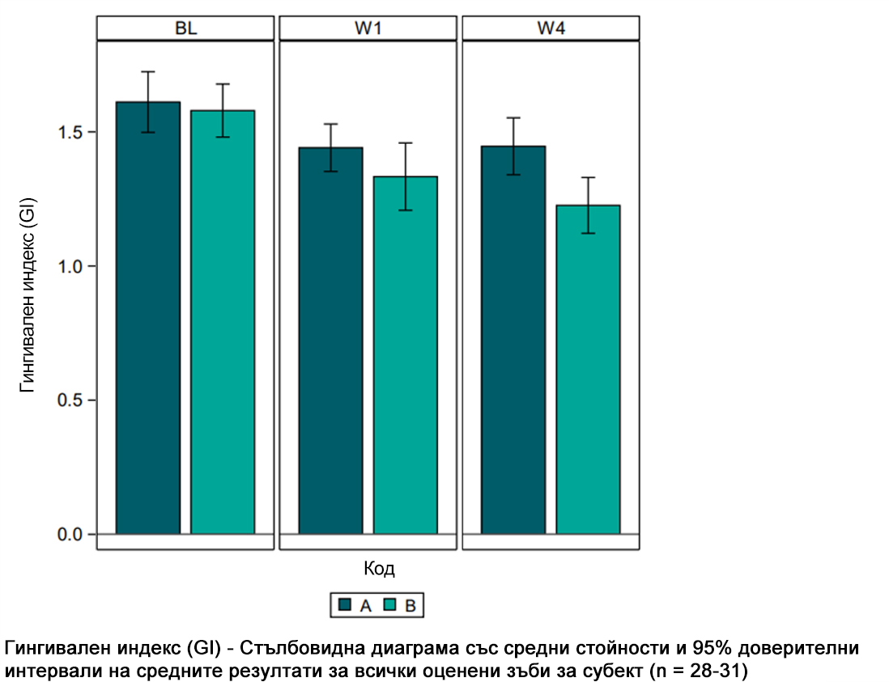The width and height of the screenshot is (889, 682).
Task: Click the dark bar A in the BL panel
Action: point(148,324)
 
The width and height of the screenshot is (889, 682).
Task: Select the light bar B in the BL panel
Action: point(223,324)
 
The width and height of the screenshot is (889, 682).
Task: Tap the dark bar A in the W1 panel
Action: point(330,340)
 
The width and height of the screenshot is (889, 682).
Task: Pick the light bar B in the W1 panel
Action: point(405,356)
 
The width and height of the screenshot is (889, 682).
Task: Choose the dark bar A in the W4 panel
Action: point(513,340)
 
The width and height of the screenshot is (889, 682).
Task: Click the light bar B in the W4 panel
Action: point(588,372)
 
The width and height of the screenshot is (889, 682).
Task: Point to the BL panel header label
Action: point(186,28)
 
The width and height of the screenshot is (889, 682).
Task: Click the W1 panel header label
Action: point(369,28)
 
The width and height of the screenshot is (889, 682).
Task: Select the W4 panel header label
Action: point(552,28)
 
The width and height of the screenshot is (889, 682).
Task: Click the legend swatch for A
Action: point(345,605)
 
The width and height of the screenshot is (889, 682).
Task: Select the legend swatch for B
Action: point(389,605)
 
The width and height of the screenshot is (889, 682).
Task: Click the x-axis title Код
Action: point(379,569)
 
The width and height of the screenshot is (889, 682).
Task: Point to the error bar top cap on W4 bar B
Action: point(588,177)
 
